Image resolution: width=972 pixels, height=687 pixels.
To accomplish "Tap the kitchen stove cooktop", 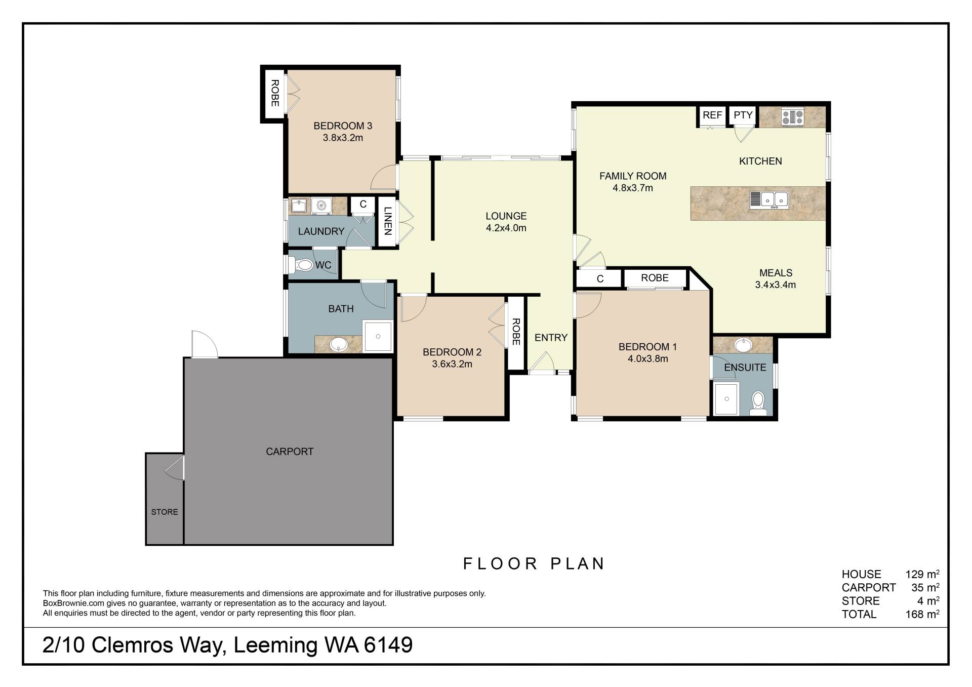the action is (x=793, y=117).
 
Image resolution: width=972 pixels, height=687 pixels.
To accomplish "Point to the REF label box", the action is (x=712, y=115).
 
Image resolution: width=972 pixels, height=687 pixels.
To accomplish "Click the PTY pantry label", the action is (x=743, y=115).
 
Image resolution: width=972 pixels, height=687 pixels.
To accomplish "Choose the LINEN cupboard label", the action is (x=387, y=221).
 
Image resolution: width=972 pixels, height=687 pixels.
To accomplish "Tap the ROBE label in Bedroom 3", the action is (x=274, y=93).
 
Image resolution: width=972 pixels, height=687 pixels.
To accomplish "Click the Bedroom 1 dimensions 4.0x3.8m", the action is (x=647, y=359).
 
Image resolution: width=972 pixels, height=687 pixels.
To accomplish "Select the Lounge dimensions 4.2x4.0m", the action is (x=506, y=228).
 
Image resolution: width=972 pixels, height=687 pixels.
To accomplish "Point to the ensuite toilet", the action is (x=758, y=402).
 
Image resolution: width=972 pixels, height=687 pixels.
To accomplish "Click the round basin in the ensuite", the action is (x=743, y=345).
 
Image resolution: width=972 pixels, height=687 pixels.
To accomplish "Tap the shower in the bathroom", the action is (x=378, y=336).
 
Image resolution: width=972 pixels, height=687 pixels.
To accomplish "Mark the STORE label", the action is (x=165, y=512).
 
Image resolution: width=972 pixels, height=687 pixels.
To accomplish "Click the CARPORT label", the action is (x=290, y=452).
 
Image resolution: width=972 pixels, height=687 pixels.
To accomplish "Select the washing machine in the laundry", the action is (x=321, y=206).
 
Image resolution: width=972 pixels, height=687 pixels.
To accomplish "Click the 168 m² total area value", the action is (x=922, y=614).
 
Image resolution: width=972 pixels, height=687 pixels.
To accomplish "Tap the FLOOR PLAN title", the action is (x=534, y=563).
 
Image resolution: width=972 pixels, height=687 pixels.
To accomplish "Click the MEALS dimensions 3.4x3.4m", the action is (x=775, y=285).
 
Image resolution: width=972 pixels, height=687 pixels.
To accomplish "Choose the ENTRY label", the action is (x=551, y=338).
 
